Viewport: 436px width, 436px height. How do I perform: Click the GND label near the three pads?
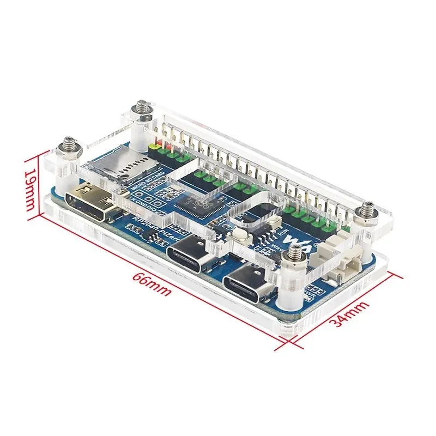pos(140,201)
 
